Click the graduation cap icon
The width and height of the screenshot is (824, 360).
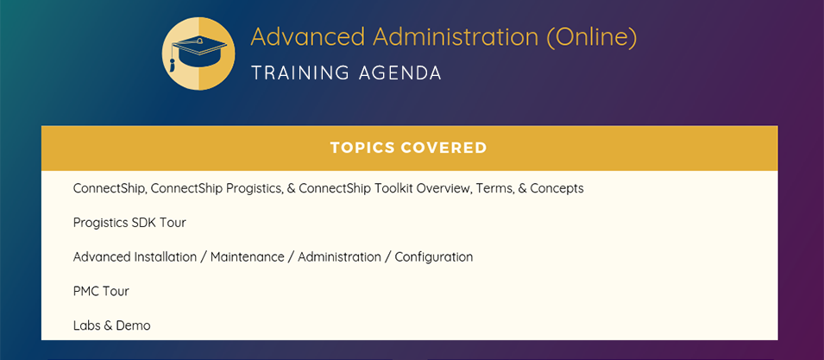click(x=198, y=54)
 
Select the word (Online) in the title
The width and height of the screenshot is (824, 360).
click(x=592, y=37)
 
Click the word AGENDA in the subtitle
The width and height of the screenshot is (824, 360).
click(x=400, y=73)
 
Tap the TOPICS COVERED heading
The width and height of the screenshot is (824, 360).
click(x=409, y=148)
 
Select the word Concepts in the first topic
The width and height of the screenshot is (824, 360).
click(x=557, y=189)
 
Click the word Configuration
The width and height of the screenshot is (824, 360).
click(x=434, y=257)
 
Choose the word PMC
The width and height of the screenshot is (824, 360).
click(x=85, y=291)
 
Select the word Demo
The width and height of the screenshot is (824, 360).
click(x=133, y=325)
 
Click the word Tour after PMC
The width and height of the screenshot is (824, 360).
click(x=115, y=291)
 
